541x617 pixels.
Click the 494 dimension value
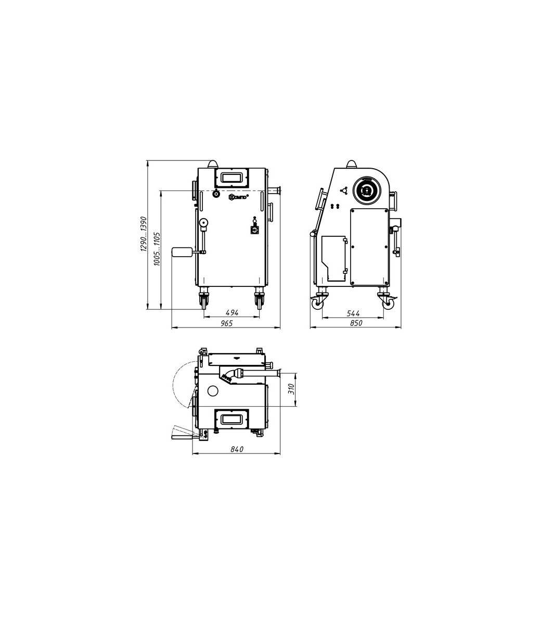(x=232, y=313)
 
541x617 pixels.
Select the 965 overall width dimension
(x=227, y=323)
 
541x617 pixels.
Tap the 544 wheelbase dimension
(x=353, y=313)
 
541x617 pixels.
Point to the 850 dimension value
(x=355, y=323)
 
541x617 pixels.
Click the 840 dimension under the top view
(x=237, y=449)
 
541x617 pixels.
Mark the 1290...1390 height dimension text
(x=143, y=234)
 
